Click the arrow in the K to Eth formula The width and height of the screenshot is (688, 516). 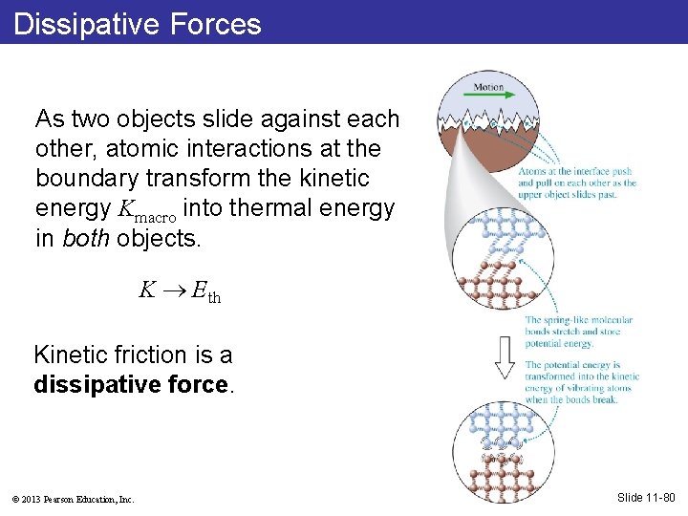(x=174, y=292)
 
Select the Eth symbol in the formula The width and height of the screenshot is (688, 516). (x=205, y=293)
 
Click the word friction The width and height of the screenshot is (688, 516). (x=142, y=355)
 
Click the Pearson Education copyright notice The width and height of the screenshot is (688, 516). (x=74, y=499)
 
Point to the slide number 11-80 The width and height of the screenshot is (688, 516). (x=645, y=497)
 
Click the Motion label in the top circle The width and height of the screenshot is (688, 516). (x=488, y=88)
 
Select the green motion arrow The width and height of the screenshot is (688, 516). (x=488, y=96)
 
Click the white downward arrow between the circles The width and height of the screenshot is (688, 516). (x=505, y=355)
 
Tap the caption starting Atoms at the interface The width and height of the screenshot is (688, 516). (x=577, y=183)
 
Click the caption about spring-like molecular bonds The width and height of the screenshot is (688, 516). (x=573, y=332)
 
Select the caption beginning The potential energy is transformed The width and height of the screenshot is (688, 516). (x=581, y=382)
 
